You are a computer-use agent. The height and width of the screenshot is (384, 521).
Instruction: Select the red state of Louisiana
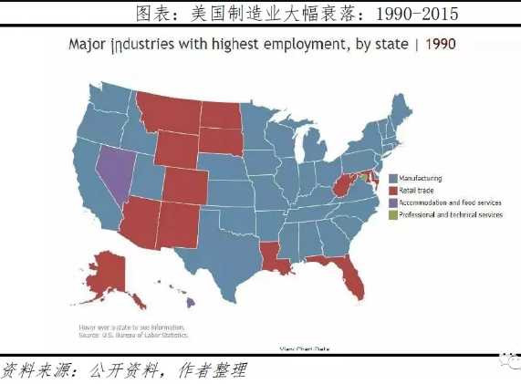(272, 254)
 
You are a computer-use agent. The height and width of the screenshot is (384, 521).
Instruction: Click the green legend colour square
(391, 214)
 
